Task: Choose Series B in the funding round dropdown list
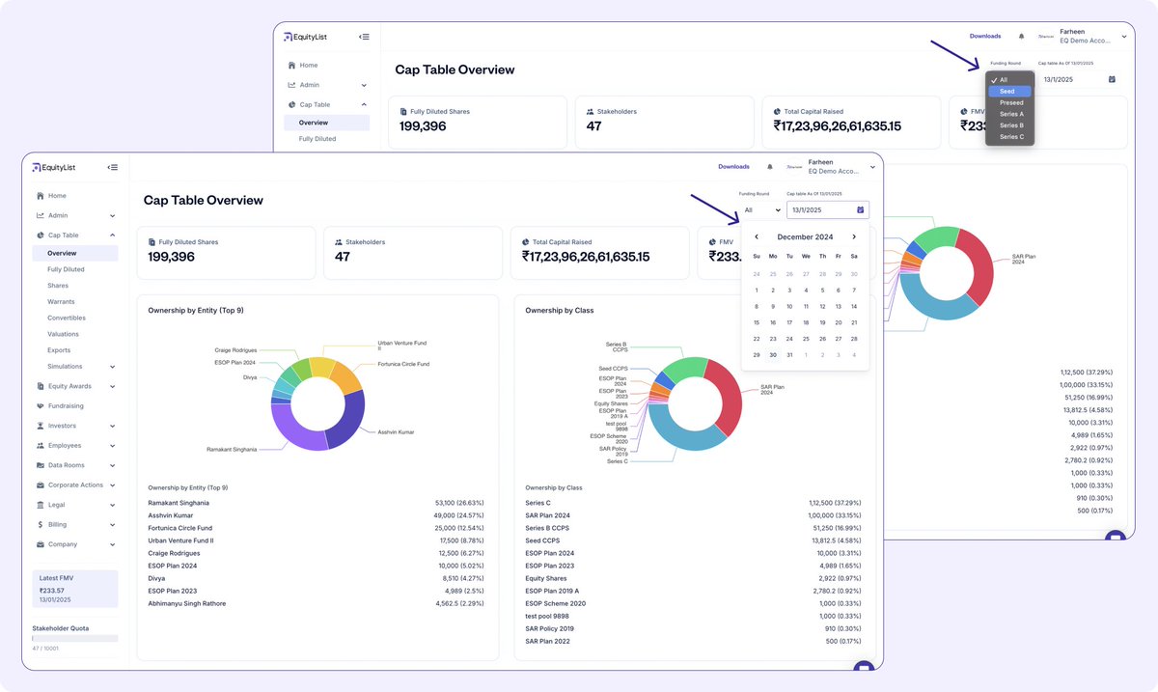pyautogui.click(x=1011, y=125)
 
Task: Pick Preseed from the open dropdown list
pyautogui.click(x=1011, y=102)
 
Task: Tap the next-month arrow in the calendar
pyautogui.click(x=854, y=236)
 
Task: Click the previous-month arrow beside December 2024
pyautogui.click(x=757, y=236)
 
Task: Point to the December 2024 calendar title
pyautogui.click(x=805, y=236)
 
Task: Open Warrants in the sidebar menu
pyautogui.click(x=61, y=302)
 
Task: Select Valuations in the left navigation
pyautogui.click(x=63, y=334)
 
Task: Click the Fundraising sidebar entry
pyautogui.click(x=66, y=406)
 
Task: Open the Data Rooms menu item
pyautogui.click(x=67, y=465)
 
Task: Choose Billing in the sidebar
pyautogui.click(x=58, y=525)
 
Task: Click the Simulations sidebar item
pyautogui.click(x=65, y=367)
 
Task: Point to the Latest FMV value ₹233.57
pyautogui.click(x=52, y=590)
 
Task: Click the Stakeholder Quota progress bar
pyautogui.click(x=74, y=638)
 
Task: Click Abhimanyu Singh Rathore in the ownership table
pyautogui.click(x=186, y=604)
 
